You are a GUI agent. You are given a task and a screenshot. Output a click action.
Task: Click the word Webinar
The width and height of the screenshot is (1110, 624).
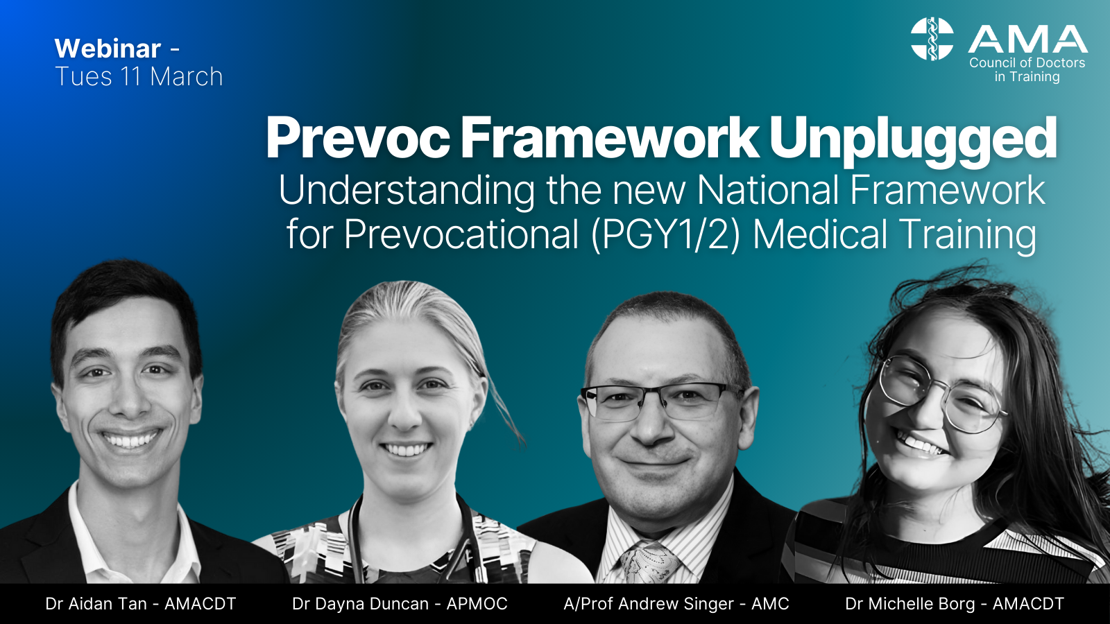pos(108,49)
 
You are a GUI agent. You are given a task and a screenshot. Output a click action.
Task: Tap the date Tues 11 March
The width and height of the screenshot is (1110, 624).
pos(139,76)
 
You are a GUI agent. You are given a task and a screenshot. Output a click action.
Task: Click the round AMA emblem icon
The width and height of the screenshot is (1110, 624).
pos(932,39)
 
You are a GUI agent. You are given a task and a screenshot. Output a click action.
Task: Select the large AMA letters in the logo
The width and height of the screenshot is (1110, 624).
pos(1027,40)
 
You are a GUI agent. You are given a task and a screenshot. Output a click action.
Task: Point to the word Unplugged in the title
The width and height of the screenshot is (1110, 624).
pos(912,139)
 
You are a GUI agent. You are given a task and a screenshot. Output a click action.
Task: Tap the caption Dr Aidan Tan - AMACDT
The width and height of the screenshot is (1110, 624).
pos(141,604)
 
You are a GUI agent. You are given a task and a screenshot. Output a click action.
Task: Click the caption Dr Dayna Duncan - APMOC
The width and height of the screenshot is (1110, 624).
pos(400,604)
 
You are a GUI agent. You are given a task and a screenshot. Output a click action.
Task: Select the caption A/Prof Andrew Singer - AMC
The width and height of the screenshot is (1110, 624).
pos(676,604)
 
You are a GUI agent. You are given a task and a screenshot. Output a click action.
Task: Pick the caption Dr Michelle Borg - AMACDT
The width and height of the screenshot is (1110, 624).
pos(955,604)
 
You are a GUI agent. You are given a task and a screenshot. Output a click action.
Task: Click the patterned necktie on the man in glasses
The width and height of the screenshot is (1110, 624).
pos(649,562)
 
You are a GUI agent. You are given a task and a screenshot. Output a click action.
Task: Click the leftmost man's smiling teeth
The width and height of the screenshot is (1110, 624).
pos(130,440)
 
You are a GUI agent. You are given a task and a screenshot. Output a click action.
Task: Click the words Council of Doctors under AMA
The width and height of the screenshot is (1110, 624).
pos(1027,62)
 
